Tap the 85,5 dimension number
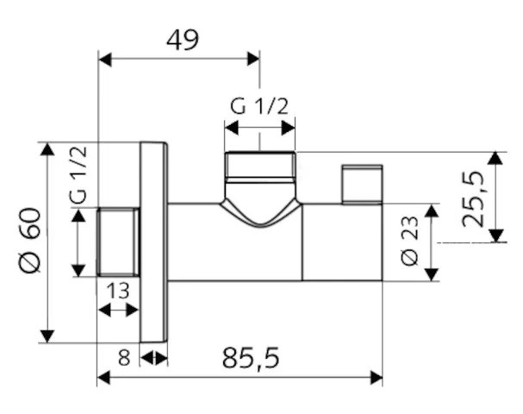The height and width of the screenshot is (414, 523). pyautogui.click(x=252, y=358)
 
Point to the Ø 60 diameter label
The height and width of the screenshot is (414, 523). pyautogui.click(x=28, y=242)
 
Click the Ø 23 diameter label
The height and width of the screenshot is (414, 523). pyautogui.click(x=409, y=242)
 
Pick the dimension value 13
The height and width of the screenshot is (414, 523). pyautogui.click(x=119, y=291)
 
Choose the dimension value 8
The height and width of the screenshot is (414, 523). pyautogui.click(x=124, y=357)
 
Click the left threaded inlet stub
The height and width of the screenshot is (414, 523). pyautogui.click(x=119, y=242)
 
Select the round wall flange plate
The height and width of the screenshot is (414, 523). pyautogui.click(x=153, y=242)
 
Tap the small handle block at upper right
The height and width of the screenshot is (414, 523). pyautogui.click(x=362, y=183)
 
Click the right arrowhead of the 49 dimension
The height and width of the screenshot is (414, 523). pyautogui.click(x=254, y=59)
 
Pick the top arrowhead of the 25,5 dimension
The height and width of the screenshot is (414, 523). pyautogui.click(x=495, y=157)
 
